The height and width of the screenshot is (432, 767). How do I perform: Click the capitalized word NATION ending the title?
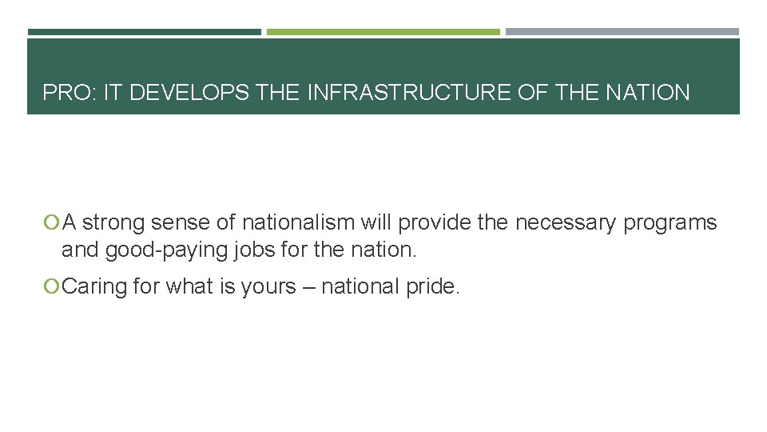pyautogui.click(x=647, y=93)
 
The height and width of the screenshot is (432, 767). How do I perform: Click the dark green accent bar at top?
pyautogui.click(x=144, y=32)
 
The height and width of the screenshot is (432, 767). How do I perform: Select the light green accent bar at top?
pyautogui.click(x=383, y=32)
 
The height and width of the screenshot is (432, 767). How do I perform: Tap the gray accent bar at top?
pyautogui.click(x=622, y=32)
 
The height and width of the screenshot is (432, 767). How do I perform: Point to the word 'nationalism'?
pyautogui.click(x=297, y=222)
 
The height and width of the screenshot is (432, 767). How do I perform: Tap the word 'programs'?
pyautogui.click(x=670, y=223)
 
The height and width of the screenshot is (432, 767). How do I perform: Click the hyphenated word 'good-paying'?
pyautogui.click(x=169, y=250)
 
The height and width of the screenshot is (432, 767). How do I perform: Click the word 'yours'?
pyautogui.click(x=289, y=287)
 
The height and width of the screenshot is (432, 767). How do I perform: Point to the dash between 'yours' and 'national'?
pyautogui.click(x=327, y=287)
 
